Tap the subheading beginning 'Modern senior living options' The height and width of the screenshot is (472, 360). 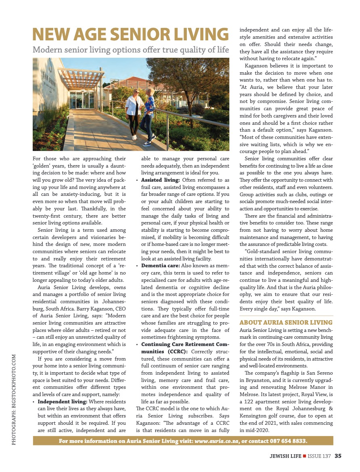(x=131, y=50)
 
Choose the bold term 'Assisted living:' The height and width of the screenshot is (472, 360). (x=160, y=180)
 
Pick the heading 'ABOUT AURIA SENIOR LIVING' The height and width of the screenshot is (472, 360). (x=286, y=322)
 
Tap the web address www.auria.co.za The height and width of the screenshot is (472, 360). (x=216, y=441)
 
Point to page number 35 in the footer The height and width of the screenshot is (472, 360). (x=338, y=456)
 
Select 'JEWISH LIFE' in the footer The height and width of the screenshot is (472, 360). (x=286, y=456)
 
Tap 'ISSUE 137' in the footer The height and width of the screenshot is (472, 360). (x=319, y=456)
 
